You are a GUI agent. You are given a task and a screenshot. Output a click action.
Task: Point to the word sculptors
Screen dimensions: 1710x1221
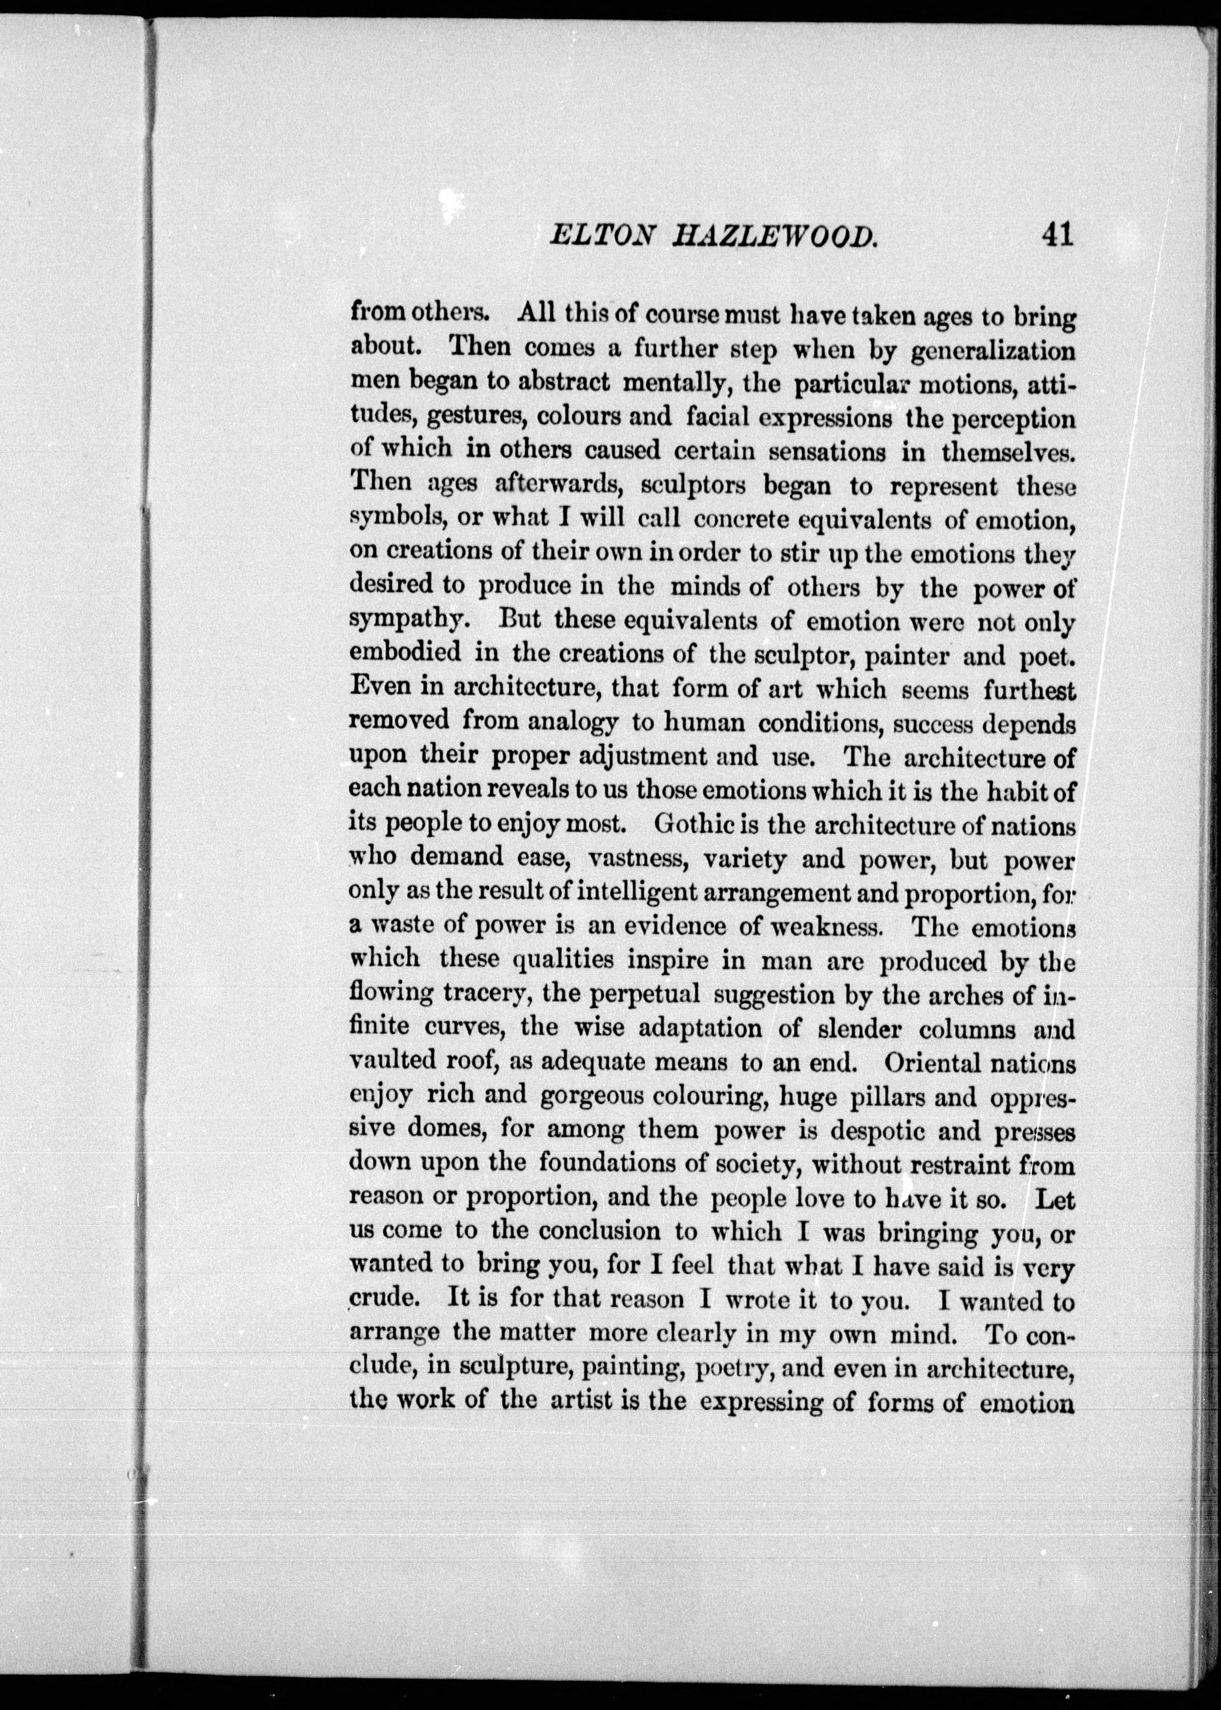tap(692, 485)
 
